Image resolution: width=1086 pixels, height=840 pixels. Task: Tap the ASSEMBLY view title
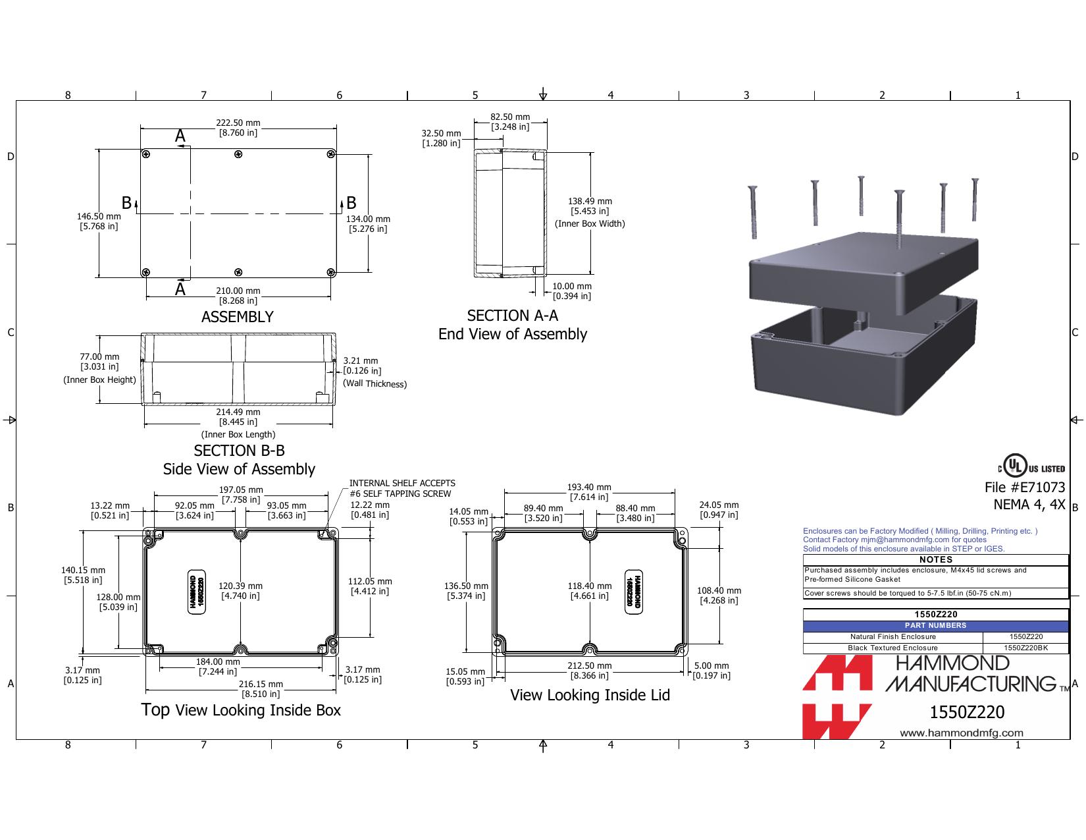[x=238, y=317]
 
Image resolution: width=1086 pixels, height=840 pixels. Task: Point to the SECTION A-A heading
[x=512, y=316]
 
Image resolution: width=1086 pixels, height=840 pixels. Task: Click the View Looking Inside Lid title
[x=590, y=695]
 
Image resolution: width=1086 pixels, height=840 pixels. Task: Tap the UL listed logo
[x=1031, y=466]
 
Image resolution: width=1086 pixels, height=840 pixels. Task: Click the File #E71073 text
[x=1025, y=488]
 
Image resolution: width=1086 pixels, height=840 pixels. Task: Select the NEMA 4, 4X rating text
[x=1029, y=505]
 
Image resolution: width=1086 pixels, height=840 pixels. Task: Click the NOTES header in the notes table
[x=935, y=560]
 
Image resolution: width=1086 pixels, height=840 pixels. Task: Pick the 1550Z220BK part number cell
[x=1025, y=648]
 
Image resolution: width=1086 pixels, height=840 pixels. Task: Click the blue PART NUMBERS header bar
[x=935, y=626]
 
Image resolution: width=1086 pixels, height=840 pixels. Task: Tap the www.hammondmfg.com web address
[x=962, y=733]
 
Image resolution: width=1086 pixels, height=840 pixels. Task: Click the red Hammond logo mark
[x=837, y=696]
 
